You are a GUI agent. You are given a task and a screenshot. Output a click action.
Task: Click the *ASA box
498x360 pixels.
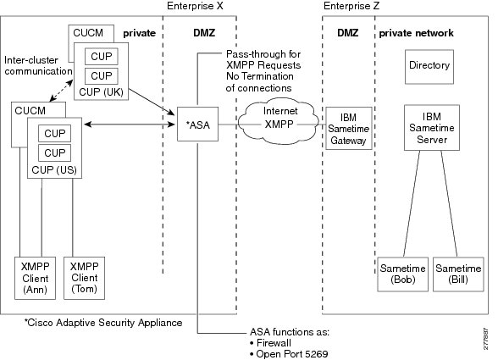click(197, 124)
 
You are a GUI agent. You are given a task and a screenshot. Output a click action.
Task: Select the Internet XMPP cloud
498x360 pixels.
click(278, 121)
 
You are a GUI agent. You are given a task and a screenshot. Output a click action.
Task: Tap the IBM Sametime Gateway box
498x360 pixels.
click(349, 128)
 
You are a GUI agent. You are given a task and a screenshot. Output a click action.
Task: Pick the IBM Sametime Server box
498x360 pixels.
click(432, 127)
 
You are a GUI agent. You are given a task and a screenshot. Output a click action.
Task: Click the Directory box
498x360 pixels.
click(429, 67)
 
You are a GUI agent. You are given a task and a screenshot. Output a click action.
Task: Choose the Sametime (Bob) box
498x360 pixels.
click(403, 274)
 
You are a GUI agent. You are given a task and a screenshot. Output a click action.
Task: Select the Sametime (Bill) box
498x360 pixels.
click(458, 274)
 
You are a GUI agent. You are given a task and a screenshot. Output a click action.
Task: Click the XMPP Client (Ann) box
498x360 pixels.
click(35, 278)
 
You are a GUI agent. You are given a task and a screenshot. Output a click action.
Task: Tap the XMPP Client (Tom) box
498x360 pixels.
click(84, 278)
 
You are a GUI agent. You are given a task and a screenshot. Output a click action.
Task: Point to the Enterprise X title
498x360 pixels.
click(195, 6)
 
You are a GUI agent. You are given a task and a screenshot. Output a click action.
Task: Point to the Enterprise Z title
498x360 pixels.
click(351, 6)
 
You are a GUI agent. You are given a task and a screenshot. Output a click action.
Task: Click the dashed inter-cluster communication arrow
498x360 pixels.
click(61, 91)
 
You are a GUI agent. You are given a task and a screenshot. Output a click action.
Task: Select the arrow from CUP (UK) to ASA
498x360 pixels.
click(152, 102)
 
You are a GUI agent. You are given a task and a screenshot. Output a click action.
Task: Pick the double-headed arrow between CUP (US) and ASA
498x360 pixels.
click(130, 125)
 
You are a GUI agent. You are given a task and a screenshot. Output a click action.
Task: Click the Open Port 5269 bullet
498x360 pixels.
click(289, 354)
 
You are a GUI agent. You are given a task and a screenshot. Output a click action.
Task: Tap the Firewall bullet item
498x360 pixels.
click(271, 343)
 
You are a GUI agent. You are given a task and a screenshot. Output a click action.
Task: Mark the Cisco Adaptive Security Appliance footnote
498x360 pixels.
click(103, 323)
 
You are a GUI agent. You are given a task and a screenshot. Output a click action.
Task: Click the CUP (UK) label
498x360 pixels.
click(101, 92)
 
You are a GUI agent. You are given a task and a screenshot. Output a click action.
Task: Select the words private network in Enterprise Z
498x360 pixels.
click(417, 33)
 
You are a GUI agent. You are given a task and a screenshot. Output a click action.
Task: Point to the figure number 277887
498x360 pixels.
click(486, 339)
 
